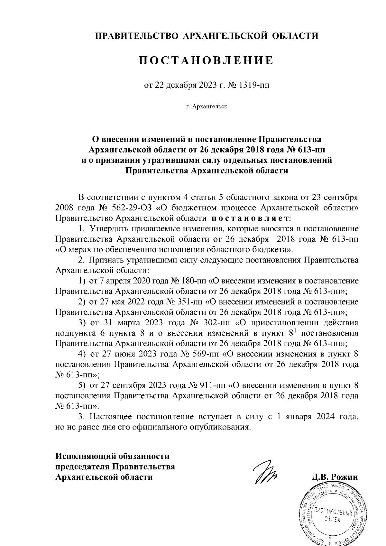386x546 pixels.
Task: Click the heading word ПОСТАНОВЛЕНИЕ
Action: click(x=206, y=60)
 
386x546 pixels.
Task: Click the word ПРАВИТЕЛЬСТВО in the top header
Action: click(x=136, y=36)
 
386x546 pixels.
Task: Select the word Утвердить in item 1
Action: click(x=108, y=229)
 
